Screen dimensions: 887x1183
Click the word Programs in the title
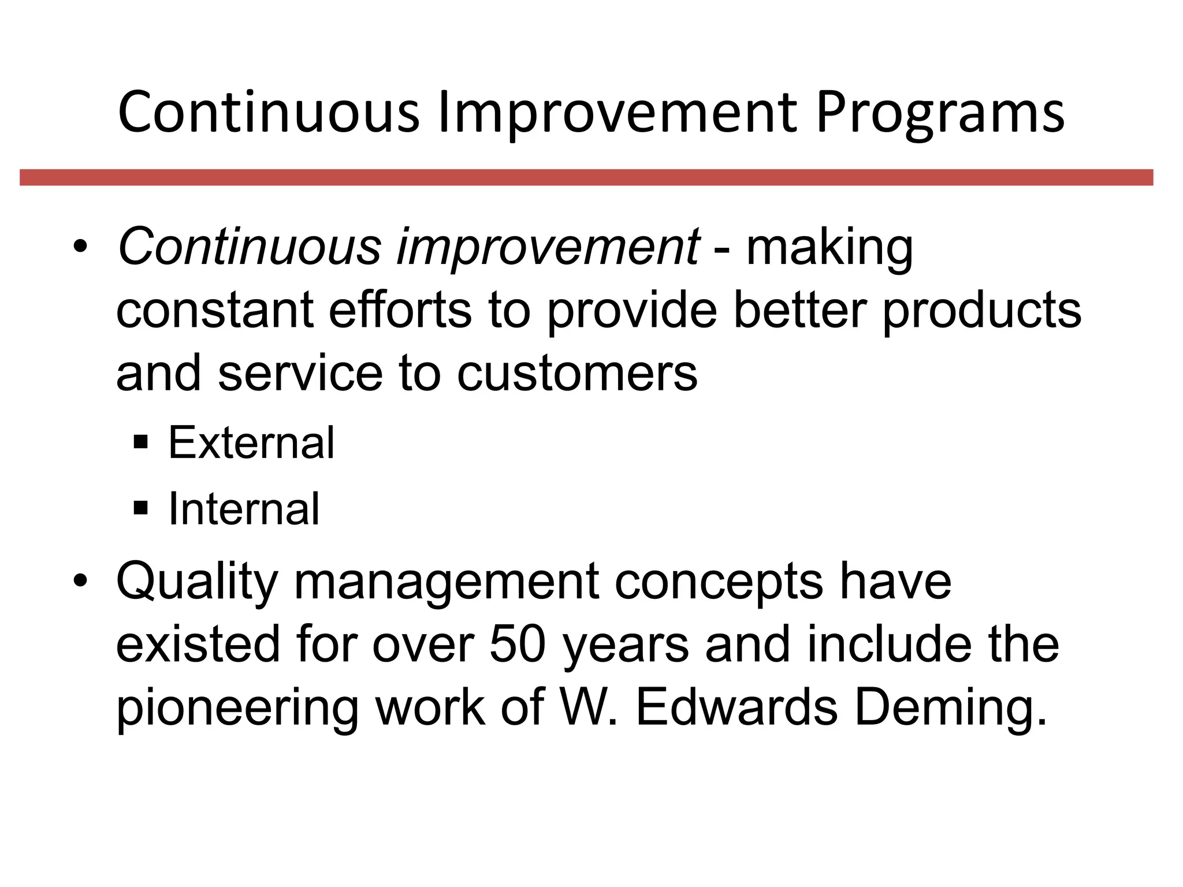(x=940, y=114)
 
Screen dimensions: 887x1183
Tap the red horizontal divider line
(x=586, y=177)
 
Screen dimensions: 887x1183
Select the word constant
(x=215, y=311)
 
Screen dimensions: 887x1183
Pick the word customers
(x=577, y=374)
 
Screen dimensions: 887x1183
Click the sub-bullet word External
(x=251, y=443)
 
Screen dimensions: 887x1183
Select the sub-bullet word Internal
(x=244, y=509)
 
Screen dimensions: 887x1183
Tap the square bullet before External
(x=141, y=443)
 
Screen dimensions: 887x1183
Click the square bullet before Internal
(x=141, y=509)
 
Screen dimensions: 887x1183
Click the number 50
(x=518, y=644)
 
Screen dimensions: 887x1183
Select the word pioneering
(x=237, y=709)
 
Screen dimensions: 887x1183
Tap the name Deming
(x=951, y=709)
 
